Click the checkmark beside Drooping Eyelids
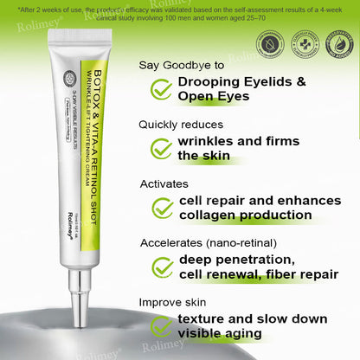coord(161,89)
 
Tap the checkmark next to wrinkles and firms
coord(161,148)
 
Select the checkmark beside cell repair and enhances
coord(161,208)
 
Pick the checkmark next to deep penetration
coord(161,267)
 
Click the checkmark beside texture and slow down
coord(161,326)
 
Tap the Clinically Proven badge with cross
coord(303,43)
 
